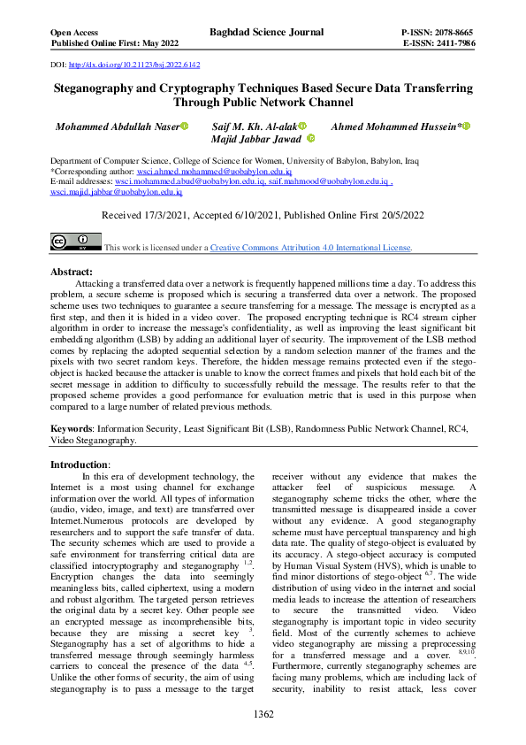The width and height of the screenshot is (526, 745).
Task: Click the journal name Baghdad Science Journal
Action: click(262, 32)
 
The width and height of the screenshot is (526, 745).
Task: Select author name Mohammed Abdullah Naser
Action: click(117, 127)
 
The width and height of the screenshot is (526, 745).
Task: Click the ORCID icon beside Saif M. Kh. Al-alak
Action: click(302, 127)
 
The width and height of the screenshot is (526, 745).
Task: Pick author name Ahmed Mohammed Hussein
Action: click(394, 127)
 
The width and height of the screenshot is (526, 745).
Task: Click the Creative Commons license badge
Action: click(75, 242)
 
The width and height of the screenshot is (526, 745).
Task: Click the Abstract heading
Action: click(72, 272)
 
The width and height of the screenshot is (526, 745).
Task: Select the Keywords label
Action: click(72, 427)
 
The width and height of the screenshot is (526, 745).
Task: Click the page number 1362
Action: click(263, 713)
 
